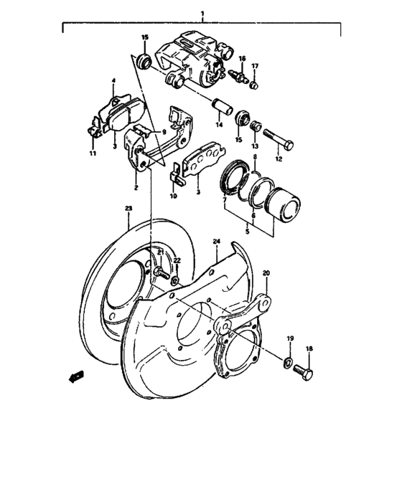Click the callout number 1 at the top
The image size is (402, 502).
tap(202, 14)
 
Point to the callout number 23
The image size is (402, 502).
tap(128, 208)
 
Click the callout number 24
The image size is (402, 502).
tap(216, 242)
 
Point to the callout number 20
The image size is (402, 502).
tap(266, 273)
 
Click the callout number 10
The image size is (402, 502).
tap(173, 195)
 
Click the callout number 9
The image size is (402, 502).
tap(164, 133)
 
